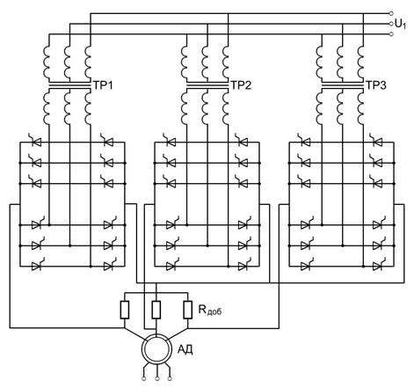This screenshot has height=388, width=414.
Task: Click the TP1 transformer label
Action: (x=103, y=85)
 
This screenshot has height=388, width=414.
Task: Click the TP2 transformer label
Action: (x=241, y=85)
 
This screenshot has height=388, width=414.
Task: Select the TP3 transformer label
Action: (x=376, y=85)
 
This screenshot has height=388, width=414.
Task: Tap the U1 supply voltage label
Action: (x=401, y=24)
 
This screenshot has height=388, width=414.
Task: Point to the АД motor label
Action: (x=185, y=349)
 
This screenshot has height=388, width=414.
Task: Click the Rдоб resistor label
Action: (x=210, y=310)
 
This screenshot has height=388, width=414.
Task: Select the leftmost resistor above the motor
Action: (x=125, y=310)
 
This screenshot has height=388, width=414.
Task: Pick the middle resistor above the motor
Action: (x=156, y=310)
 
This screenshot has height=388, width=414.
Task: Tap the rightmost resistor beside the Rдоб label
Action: (x=188, y=310)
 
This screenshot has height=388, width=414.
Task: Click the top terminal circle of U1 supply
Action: (x=391, y=13)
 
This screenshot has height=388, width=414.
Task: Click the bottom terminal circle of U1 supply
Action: (x=391, y=34)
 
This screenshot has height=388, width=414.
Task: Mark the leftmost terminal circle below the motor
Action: (x=144, y=378)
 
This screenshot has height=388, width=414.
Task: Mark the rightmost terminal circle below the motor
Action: (x=170, y=378)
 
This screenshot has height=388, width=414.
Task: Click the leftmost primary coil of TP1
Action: (x=47, y=62)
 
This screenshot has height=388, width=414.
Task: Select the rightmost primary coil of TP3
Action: (x=361, y=62)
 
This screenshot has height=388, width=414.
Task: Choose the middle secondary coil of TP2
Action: (x=205, y=108)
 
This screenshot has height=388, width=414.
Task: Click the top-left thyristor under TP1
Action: (x=35, y=141)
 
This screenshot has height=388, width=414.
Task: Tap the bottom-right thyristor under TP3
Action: (x=379, y=265)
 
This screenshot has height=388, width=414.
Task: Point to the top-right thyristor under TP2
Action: (x=242, y=141)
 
